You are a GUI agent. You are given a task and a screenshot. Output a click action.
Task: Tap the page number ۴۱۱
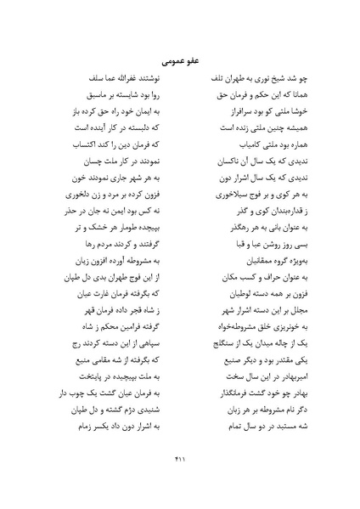tap(179, 460)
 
